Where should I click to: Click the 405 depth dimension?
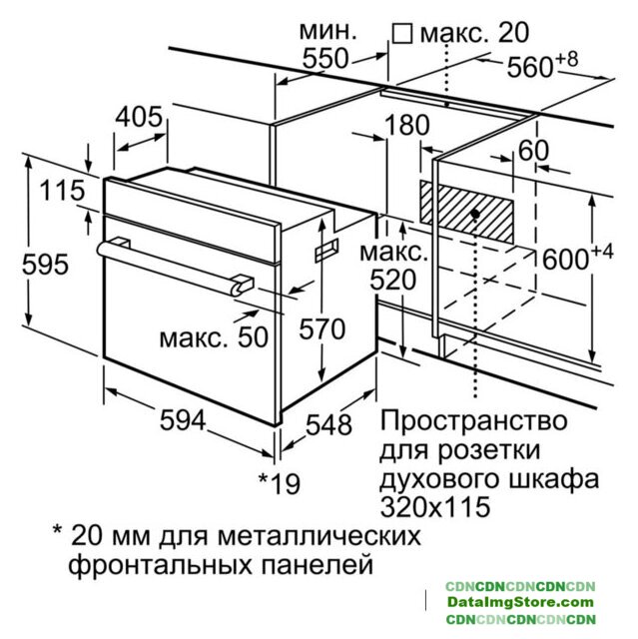139,117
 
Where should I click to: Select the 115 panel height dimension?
62,191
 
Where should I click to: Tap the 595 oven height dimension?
45,264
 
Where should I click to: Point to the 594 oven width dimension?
183,419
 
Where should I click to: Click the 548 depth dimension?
328,424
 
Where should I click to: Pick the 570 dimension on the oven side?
321,328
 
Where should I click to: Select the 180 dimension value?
406,125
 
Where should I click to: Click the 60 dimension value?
533,150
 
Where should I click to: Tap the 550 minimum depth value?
325,58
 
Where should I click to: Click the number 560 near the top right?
530,67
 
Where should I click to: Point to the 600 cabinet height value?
565,260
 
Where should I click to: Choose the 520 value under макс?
392,280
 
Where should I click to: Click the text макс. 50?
214,337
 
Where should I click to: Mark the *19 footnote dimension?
280,483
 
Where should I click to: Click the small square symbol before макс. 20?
402,33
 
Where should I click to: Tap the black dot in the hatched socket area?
475,214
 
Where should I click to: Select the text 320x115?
435,506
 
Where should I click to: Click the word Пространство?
473,420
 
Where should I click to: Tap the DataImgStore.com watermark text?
520,602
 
